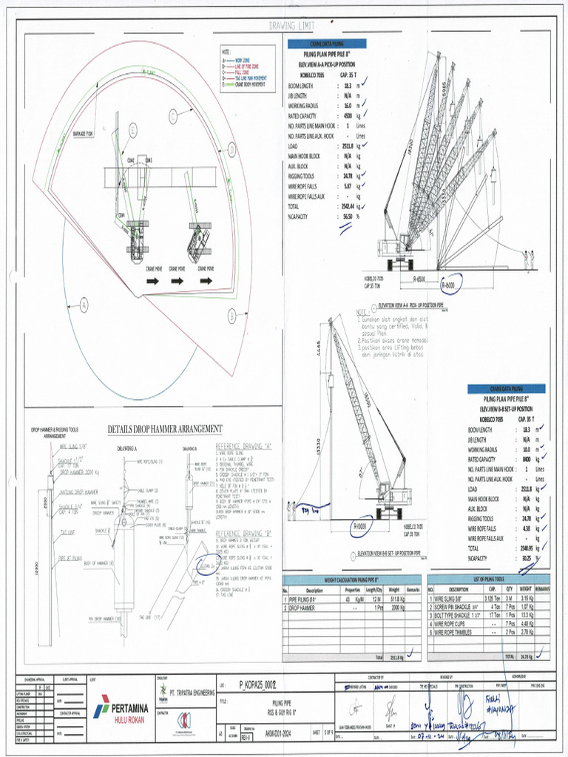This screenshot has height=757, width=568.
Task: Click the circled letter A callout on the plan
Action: click(84, 303)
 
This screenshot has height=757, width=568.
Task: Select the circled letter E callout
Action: click(132, 130)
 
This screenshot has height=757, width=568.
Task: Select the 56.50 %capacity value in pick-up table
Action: click(345, 217)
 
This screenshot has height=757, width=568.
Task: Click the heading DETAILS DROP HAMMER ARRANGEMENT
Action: click(165, 429)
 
